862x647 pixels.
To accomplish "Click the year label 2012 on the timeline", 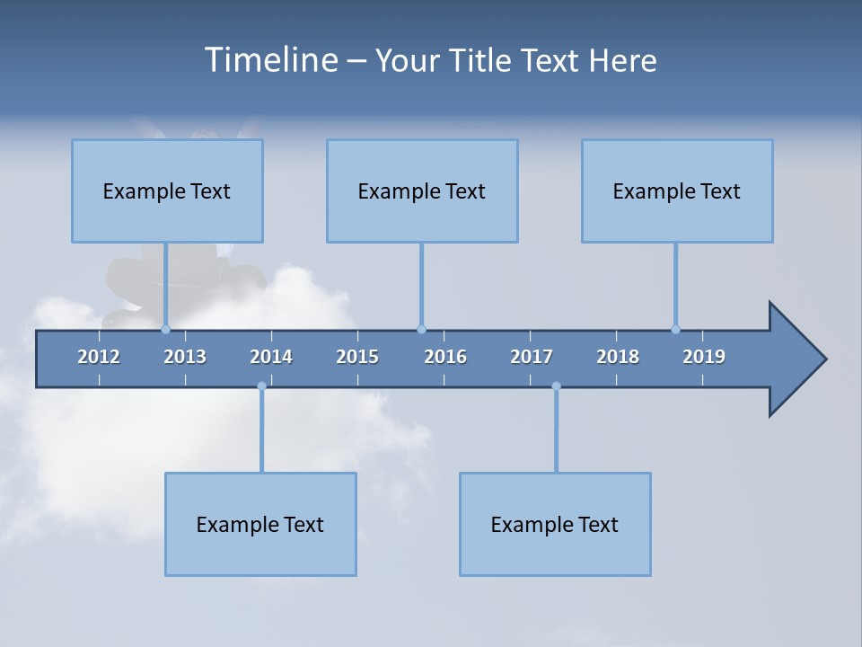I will pos(99,357).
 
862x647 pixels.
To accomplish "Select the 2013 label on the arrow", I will pos(185,357).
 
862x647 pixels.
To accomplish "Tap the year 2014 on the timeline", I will pos(271,357).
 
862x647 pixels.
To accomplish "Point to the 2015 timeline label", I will pos(357,357).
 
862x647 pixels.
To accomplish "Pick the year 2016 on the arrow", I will pos(445,357).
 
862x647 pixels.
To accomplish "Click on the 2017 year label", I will pos(532,357).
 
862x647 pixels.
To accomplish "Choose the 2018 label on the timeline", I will pos(618,357).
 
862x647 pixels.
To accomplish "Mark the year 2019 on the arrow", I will pos(704,357).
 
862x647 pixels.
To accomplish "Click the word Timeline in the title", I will pos(269,60).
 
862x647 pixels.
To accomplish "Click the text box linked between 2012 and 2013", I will pos(167,191).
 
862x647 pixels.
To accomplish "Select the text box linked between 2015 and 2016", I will pos(422,191).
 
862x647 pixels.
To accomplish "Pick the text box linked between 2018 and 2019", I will pos(677,191).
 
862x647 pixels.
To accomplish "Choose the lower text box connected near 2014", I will pos(260,524).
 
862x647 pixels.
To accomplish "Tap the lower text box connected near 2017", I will pos(555,524).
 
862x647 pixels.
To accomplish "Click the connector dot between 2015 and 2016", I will pos(421,329).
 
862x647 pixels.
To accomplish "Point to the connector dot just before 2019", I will pos(675,329).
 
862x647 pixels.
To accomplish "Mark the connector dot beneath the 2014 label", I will pos(261,386).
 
